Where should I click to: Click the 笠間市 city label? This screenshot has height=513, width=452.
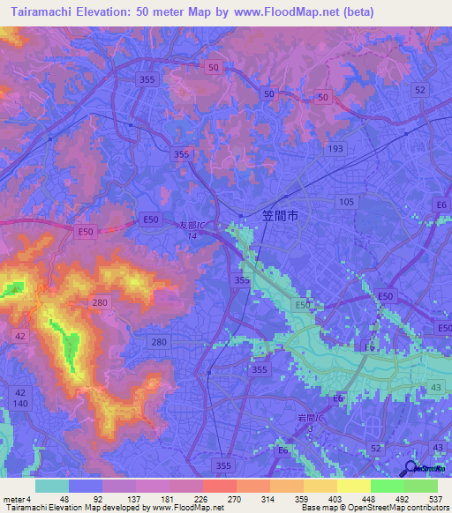pyautogui.click(x=282, y=214)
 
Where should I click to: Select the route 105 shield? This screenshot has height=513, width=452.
pyautogui.click(x=345, y=202)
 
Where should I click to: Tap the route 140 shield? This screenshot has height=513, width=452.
pyautogui.click(x=20, y=402)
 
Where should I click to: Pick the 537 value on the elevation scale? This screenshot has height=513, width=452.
pyautogui.click(x=436, y=498)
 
